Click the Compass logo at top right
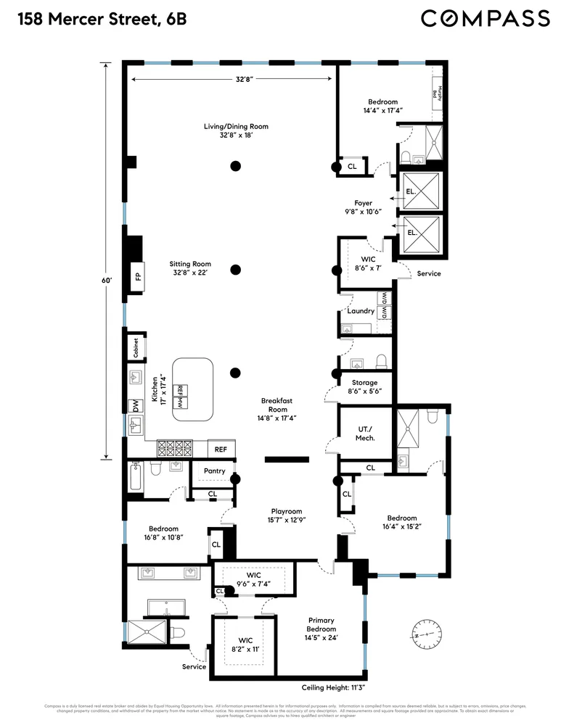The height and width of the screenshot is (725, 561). (x=485, y=18)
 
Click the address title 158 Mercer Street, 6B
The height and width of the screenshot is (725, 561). (x=98, y=19)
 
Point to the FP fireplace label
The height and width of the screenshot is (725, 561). (x=136, y=276)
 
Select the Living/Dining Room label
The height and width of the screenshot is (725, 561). (x=235, y=130)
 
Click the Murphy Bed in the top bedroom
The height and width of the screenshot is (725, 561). (x=438, y=93)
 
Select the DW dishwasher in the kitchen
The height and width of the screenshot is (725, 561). (x=134, y=406)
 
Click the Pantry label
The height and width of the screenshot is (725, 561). (x=214, y=471)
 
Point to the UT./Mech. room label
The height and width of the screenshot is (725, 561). (x=365, y=434)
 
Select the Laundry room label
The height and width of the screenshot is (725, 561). (x=361, y=311)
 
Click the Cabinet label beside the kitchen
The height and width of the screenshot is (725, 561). (x=136, y=348)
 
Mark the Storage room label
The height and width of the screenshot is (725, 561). (x=364, y=386)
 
